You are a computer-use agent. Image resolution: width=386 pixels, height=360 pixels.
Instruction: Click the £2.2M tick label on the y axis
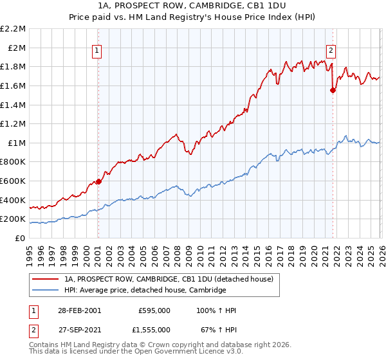13,29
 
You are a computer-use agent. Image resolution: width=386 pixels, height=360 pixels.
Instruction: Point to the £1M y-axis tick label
16,143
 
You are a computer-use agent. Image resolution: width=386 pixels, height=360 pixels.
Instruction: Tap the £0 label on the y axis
20,238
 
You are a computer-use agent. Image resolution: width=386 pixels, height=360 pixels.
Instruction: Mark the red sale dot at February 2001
98,181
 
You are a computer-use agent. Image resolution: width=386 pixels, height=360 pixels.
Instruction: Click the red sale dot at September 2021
333,90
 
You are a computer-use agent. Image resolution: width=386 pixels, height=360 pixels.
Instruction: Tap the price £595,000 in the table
154,310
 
